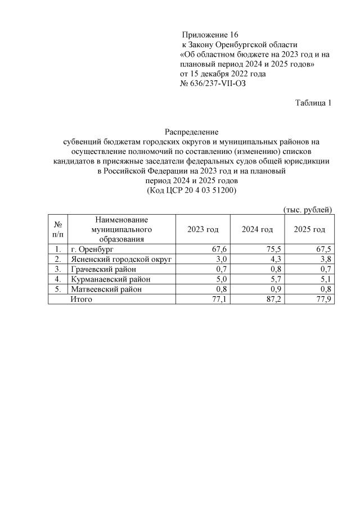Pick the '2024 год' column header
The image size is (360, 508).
pyautogui.click(x=257, y=229)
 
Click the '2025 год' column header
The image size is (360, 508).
pyautogui.click(x=309, y=229)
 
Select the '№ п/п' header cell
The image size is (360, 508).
pyautogui.click(x=57, y=229)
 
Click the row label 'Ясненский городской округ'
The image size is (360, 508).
pyautogui.click(x=121, y=259)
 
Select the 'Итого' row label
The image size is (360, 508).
pyautogui.click(x=80, y=300)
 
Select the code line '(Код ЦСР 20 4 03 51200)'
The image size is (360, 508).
pyautogui.click(x=191, y=191)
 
